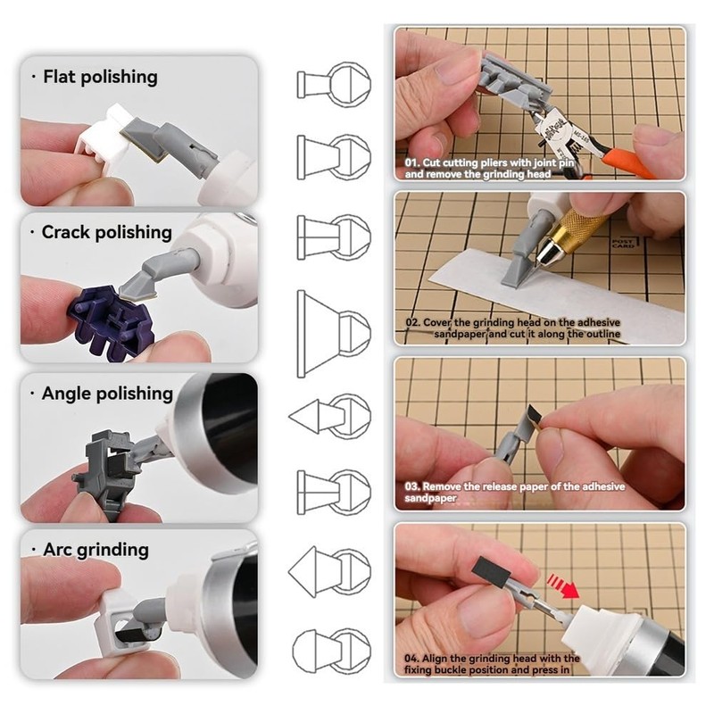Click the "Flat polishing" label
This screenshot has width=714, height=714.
[x=100, y=78]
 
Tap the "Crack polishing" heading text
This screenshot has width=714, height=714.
[x=106, y=232]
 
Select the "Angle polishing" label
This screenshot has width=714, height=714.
[x=107, y=394]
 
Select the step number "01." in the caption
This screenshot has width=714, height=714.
[x=412, y=164]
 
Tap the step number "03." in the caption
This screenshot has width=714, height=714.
[x=412, y=487]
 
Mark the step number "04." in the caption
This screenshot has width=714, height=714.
[x=412, y=659]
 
